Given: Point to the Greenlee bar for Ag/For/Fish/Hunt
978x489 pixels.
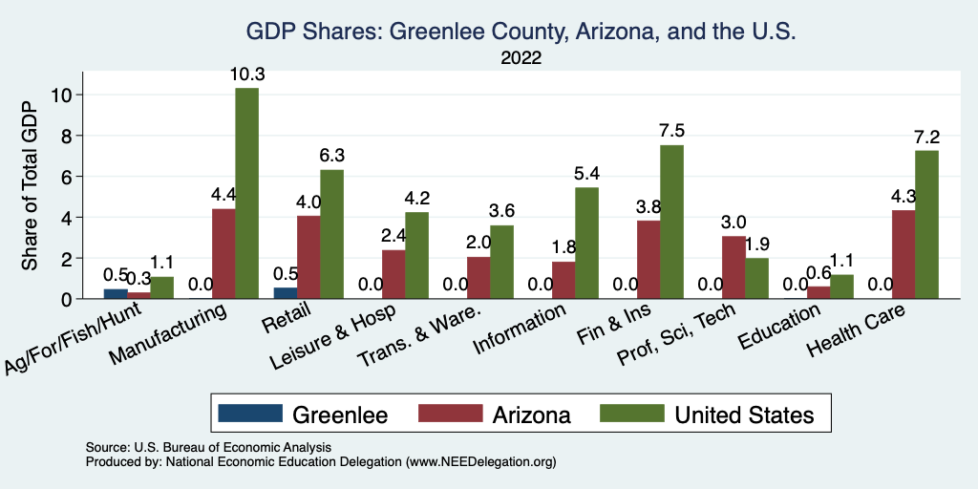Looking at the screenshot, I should tap(116, 294).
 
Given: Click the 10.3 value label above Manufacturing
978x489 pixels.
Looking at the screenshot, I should tap(246, 74).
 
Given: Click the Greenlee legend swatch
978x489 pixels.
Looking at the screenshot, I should tap(250, 414).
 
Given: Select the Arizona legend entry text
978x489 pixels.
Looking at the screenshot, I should tap(531, 415).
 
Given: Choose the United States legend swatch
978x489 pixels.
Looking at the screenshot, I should tap(630, 414).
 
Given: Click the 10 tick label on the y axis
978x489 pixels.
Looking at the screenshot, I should tap(62, 95).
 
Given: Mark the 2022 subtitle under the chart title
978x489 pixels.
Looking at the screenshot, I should tap(521, 58).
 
